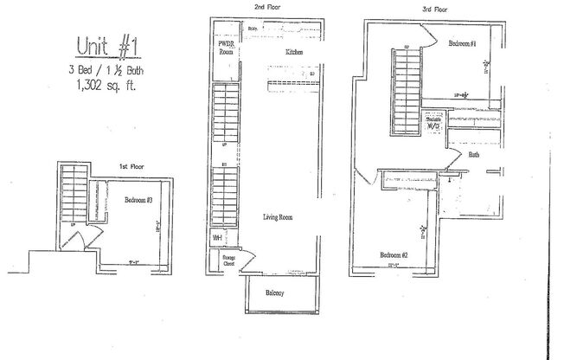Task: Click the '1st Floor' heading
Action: click(132, 165)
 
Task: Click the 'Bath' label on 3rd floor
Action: click(473, 156)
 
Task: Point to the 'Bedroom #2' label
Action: click(394, 254)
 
